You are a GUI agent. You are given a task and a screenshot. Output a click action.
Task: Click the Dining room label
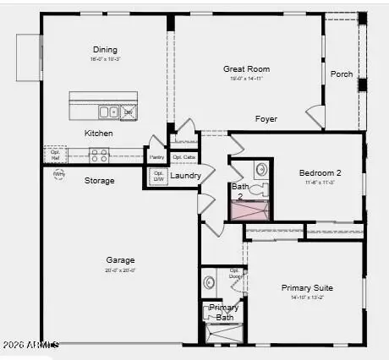106,50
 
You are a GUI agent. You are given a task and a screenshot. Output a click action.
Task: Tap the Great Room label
245,68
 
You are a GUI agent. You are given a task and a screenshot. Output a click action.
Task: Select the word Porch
341,74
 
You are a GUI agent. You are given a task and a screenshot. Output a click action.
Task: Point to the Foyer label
266,119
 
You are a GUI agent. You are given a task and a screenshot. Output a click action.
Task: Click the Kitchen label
98,134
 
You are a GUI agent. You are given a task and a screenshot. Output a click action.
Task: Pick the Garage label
120,260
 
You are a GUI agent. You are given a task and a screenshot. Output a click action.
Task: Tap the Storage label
99,181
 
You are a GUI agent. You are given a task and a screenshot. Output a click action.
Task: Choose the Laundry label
185,176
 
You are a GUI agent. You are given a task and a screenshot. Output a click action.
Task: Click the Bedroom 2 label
320,172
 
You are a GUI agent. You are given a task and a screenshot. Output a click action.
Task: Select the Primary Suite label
307,287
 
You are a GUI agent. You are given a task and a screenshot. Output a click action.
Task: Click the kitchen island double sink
107,111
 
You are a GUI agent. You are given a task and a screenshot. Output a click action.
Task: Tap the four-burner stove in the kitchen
100,155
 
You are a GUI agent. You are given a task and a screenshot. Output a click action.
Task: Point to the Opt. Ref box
55,155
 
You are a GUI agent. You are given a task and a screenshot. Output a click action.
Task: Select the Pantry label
156,157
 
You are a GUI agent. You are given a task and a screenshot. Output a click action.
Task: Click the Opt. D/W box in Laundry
157,176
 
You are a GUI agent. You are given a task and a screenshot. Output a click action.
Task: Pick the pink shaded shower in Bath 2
249,210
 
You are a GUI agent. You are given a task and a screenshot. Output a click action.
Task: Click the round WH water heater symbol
58,174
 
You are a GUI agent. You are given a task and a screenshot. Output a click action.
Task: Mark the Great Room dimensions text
245,79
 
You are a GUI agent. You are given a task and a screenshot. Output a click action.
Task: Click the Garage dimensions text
120,270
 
